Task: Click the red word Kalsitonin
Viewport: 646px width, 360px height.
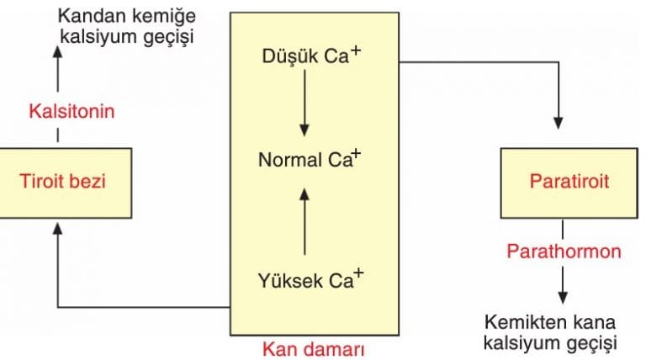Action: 71,111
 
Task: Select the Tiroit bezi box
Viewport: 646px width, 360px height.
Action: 66,183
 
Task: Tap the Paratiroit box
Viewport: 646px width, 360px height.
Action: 569,183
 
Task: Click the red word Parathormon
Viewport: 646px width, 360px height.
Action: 564,251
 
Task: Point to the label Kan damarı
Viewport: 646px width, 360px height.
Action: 314,349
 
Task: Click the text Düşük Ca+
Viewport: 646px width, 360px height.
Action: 311,56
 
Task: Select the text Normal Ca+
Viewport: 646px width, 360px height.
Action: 310,159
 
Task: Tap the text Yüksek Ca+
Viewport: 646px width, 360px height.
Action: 311,280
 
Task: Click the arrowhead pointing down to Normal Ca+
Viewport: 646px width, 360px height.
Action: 304,130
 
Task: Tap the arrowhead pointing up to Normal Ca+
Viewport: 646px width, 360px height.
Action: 304,195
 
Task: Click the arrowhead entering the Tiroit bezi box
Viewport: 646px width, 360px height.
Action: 58,230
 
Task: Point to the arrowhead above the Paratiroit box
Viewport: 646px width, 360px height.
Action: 559,123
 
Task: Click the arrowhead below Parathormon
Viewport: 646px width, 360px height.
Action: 563,298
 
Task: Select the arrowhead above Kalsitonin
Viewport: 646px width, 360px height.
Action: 58,53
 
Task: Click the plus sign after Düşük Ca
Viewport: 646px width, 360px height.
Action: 356,50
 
